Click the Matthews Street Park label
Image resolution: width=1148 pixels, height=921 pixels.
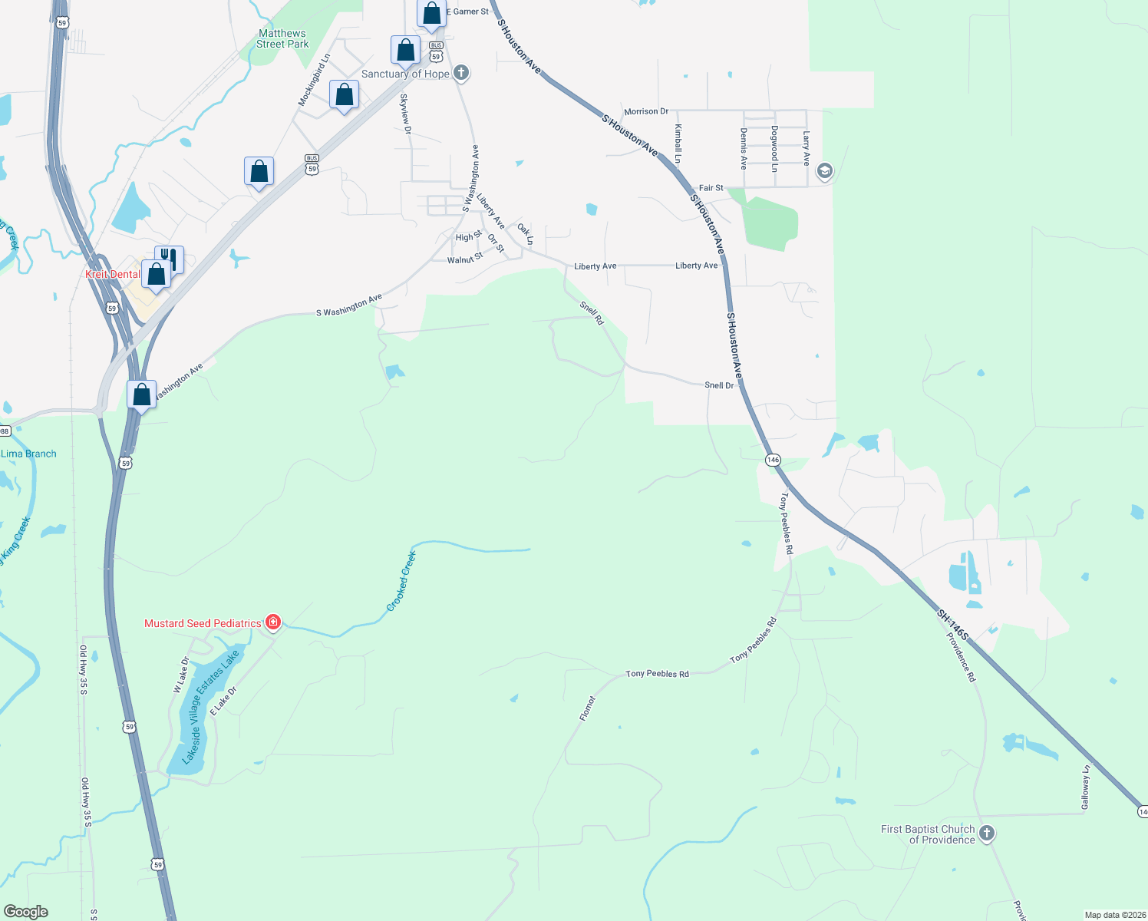click(x=282, y=38)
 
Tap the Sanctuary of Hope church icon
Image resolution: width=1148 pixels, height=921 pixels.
click(x=460, y=73)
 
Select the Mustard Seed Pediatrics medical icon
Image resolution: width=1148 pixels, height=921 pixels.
click(x=272, y=622)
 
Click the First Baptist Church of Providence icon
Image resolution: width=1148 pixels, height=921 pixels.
click(x=987, y=833)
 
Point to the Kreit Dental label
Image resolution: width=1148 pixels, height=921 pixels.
click(x=113, y=274)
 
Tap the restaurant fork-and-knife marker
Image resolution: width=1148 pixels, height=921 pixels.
click(x=170, y=259)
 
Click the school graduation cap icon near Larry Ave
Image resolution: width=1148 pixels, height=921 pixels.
click(x=825, y=170)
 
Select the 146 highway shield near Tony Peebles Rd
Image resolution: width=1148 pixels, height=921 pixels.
click(x=773, y=460)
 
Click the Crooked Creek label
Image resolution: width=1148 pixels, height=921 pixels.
click(x=401, y=581)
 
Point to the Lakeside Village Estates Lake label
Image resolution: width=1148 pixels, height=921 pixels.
click(x=210, y=708)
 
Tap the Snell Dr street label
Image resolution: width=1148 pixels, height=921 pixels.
click(x=719, y=385)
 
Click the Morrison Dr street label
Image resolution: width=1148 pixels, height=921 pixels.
click(x=646, y=111)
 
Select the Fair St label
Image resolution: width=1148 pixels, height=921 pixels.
click(x=711, y=188)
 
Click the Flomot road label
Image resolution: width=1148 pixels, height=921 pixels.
click(x=587, y=708)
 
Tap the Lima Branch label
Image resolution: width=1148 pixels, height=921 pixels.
click(x=29, y=454)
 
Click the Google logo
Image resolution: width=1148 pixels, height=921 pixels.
click(x=25, y=912)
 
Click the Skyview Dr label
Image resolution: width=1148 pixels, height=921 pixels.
click(x=405, y=114)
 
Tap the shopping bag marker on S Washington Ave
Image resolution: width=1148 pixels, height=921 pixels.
click(x=142, y=394)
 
